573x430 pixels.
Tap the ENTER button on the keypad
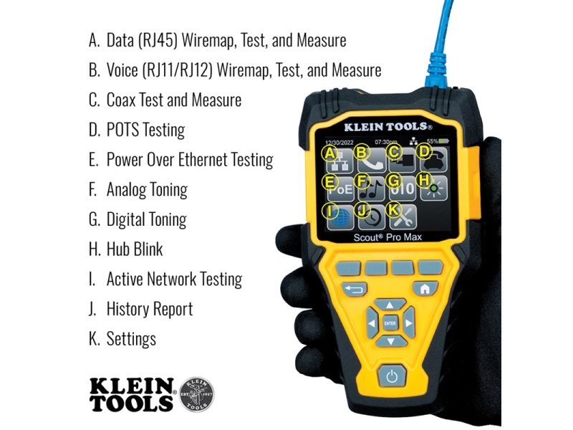pyautogui.click(x=390, y=323)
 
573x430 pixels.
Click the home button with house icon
pyautogui.click(x=425, y=289)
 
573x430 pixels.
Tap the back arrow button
pyautogui.click(x=355, y=290)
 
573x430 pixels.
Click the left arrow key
pyautogui.click(x=372, y=323)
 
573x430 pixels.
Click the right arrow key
pyautogui.click(x=408, y=323)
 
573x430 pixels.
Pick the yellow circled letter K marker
pyautogui.click(x=393, y=210)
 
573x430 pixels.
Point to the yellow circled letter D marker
pyautogui.click(x=424, y=151)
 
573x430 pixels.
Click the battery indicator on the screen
pyautogui.click(x=443, y=140)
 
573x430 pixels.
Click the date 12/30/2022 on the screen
pyautogui.click(x=339, y=142)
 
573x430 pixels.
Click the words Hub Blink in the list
pyautogui.click(x=135, y=249)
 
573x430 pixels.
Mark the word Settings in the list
pyautogui.click(x=131, y=339)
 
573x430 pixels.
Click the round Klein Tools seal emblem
pyautogui.click(x=196, y=395)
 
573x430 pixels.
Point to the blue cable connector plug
pyautogui.click(x=438, y=70)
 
